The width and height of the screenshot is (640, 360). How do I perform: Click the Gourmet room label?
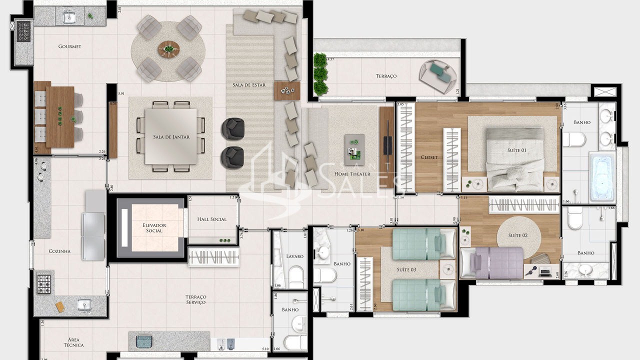(69, 46)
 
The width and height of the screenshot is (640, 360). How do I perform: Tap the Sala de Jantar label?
(171, 136)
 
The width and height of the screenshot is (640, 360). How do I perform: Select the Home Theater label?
(352, 174)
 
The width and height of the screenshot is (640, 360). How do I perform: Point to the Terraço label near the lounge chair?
(386, 76)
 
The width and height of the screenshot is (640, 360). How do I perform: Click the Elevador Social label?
(154, 228)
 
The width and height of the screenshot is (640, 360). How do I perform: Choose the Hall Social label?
(211, 219)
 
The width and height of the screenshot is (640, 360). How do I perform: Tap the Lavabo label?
(295, 256)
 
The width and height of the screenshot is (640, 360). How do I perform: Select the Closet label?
(429, 157)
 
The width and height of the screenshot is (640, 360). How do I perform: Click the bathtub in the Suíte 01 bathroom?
(601, 177)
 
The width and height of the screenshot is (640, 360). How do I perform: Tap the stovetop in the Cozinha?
(44, 284)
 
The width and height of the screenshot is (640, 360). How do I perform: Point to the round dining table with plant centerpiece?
(168, 49)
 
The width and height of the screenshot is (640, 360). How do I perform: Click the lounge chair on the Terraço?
(438, 76)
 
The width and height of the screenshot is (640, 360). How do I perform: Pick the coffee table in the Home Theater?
(354, 149)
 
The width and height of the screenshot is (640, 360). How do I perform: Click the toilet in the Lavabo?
(296, 276)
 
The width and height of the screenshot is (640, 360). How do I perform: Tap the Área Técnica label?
(73, 342)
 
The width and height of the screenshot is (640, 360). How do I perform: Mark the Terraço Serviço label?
(196, 299)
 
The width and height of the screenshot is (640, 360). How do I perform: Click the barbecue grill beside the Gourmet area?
(23, 31)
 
